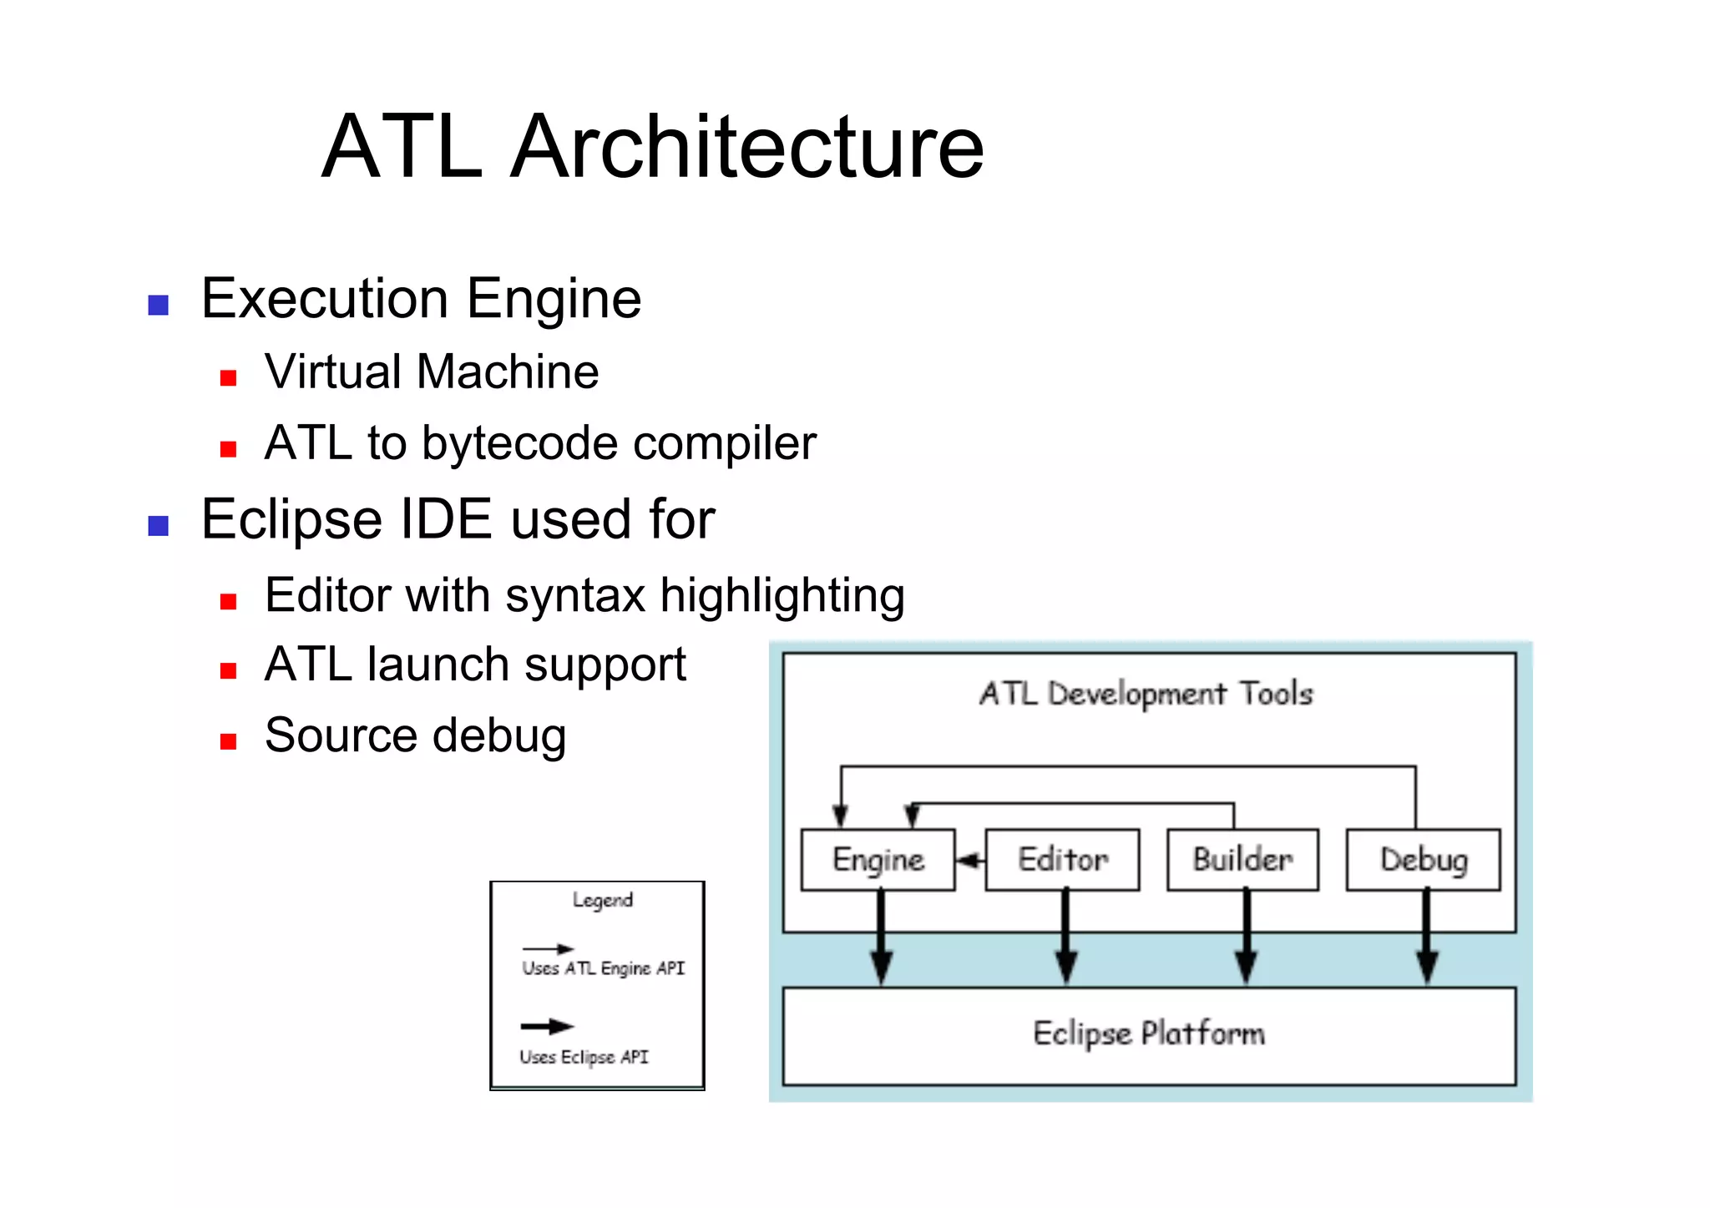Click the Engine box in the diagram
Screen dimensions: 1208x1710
tap(878, 860)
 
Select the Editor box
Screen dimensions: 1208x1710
tap(1062, 860)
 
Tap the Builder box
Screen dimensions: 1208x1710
tap(1242, 860)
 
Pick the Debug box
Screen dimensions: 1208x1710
tap(1424, 860)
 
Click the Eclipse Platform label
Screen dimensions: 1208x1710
tap(1149, 1034)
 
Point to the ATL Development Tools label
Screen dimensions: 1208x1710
tap(1146, 694)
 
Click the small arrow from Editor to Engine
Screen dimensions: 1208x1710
tap(970, 861)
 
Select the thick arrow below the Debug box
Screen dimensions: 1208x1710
tap(1427, 939)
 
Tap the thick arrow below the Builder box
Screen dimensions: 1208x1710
tap(1246, 939)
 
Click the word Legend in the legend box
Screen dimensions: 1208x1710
tap(602, 900)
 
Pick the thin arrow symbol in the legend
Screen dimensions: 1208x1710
tap(548, 949)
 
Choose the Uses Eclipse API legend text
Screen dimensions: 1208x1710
tap(584, 1057)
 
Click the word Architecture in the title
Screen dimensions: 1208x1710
tap(747, 147)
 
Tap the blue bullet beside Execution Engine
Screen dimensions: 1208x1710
tap(158, 305)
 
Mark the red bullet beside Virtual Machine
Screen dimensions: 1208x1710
tap(228, 378)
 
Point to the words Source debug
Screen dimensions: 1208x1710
tap(415, 735)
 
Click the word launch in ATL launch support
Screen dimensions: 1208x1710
tap(438, 665)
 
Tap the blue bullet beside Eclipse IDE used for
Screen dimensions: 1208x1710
tap(158, 526)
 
